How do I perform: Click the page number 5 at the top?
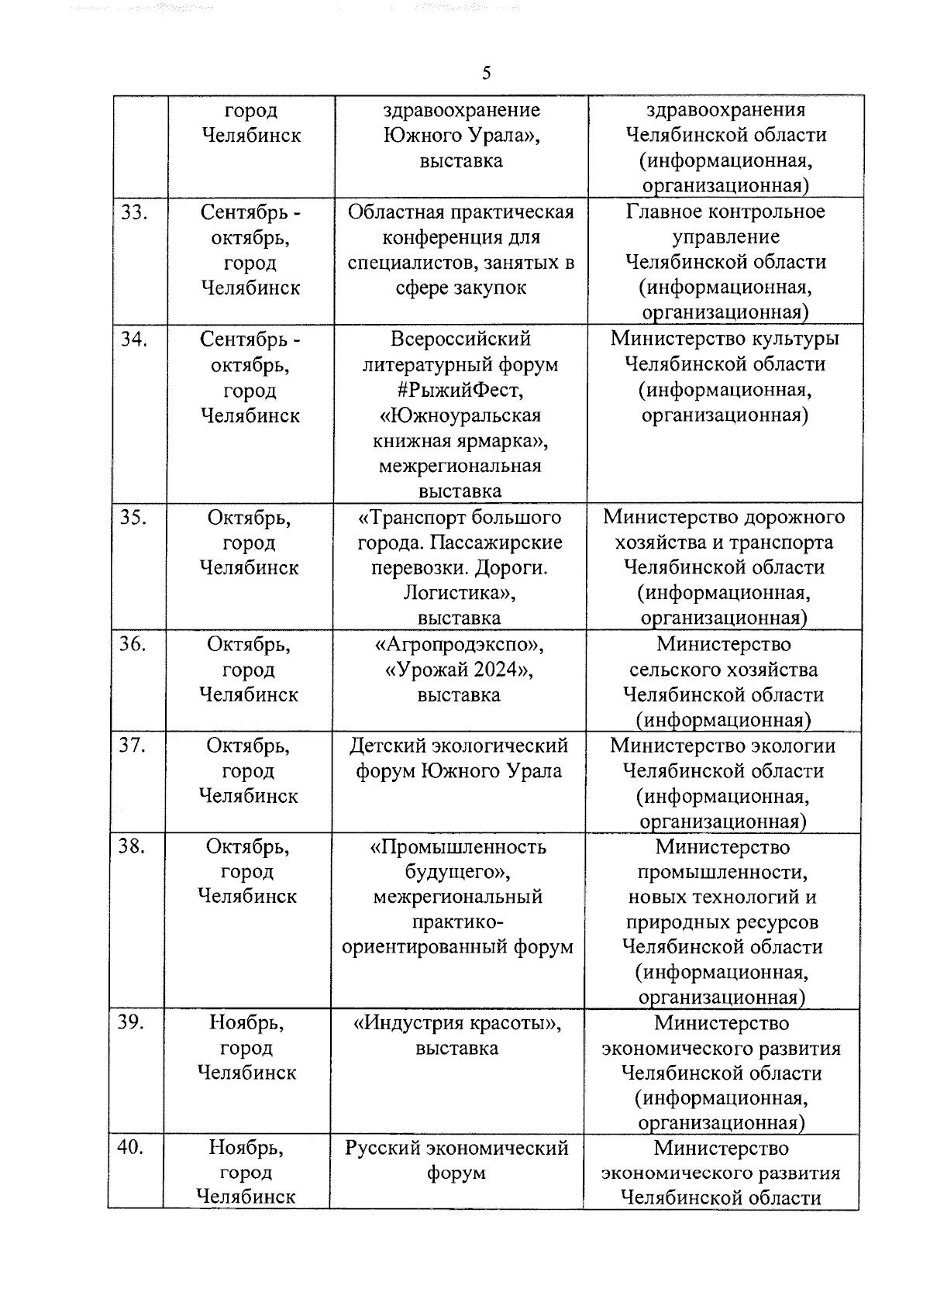click(486, 74)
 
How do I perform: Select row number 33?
click(134, 212)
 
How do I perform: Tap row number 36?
click(133, 644)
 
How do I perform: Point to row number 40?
click(130, 1147)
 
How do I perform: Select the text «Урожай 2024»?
click(459, 670)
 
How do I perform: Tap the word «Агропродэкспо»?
click(460, 644)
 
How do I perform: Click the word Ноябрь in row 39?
click(246, 1023)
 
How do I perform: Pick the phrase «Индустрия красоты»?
click(457, 1023)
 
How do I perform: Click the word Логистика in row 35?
click(459, 593)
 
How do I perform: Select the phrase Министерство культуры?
click(725, 339)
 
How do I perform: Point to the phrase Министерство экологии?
click(722, 746)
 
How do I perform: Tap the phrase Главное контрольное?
click(725, 212)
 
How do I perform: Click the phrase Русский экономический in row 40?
click(456, 1148)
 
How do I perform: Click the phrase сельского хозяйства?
click(723, 670)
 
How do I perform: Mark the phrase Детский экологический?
click(459, 746)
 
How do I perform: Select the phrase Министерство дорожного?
click(724, 517)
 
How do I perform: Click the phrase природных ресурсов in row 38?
click(722, 922)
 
